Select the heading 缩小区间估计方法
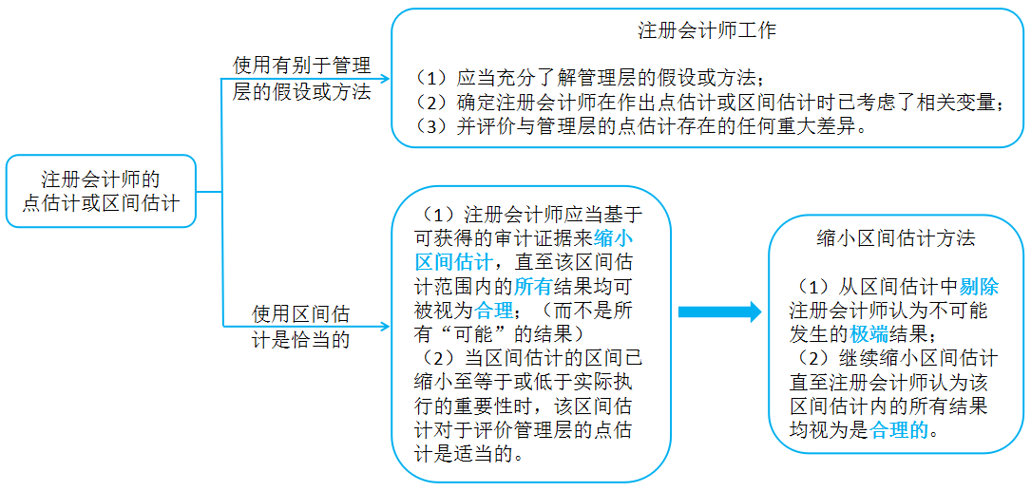point(895,238)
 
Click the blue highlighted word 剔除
point(979,287)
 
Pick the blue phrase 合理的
point(899,430)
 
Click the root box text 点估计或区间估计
point(101,203)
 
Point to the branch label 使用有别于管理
point(302,66)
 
